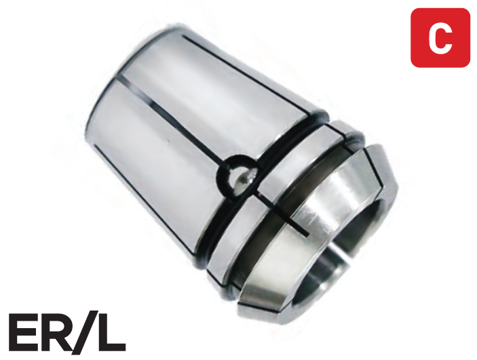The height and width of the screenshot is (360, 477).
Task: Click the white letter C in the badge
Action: [440, 39]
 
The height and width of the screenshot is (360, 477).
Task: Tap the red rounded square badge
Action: [440, 38]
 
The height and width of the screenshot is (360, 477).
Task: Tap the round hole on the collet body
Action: [238, 177]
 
